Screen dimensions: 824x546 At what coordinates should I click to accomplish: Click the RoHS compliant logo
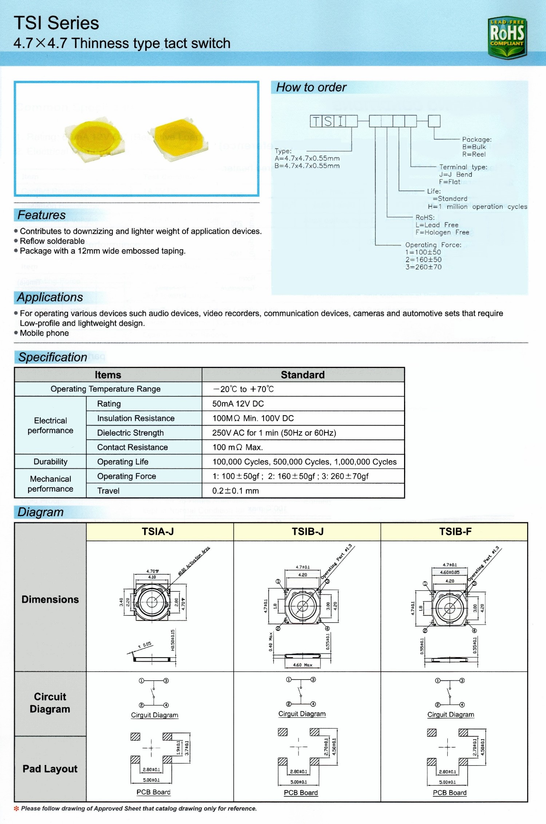point(507,37)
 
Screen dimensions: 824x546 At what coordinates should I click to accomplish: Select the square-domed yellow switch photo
point(178,139)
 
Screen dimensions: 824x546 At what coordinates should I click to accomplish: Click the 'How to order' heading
point(311,87)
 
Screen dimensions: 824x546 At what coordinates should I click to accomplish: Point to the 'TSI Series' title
point(56,23)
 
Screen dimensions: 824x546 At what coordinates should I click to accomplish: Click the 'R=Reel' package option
point(474,154)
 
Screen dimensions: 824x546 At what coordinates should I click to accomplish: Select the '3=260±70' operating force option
point(423,267)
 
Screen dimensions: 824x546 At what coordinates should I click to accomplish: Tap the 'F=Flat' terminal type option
point(450,182)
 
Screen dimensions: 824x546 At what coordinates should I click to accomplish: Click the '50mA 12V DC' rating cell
point(238,404)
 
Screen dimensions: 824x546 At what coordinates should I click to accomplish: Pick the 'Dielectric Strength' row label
point(130,433)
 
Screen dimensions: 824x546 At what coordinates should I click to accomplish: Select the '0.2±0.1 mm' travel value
point(236,491)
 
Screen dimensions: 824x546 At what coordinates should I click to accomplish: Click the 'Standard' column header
point(302,375)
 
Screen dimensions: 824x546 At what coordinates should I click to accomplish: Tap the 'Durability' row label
point(51,462)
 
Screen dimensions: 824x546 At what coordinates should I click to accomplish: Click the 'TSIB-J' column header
point(308,532)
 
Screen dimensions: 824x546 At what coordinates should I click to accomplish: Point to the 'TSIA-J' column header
point(158,532)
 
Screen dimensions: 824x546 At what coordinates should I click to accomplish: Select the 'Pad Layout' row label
point(50,769)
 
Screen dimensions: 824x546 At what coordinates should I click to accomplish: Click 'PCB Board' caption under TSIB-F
point(450,793)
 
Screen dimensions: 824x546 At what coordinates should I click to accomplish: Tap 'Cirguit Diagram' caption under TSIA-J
point(155,715)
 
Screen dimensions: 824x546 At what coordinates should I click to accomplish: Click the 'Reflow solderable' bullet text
point(52,241)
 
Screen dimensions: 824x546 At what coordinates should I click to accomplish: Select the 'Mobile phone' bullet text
point(44,333)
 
